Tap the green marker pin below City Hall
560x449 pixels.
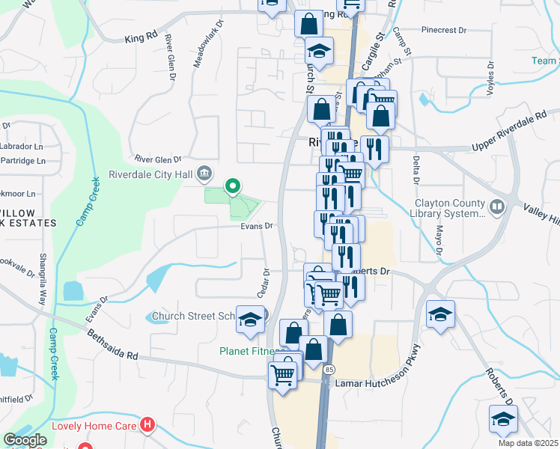point(233,186)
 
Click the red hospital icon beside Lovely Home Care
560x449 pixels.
point(147,426)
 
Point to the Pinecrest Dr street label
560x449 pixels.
point(443,31)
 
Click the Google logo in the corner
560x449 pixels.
point(25,440)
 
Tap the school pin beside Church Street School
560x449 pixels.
point(250,318)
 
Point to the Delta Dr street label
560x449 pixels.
point(414,170)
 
